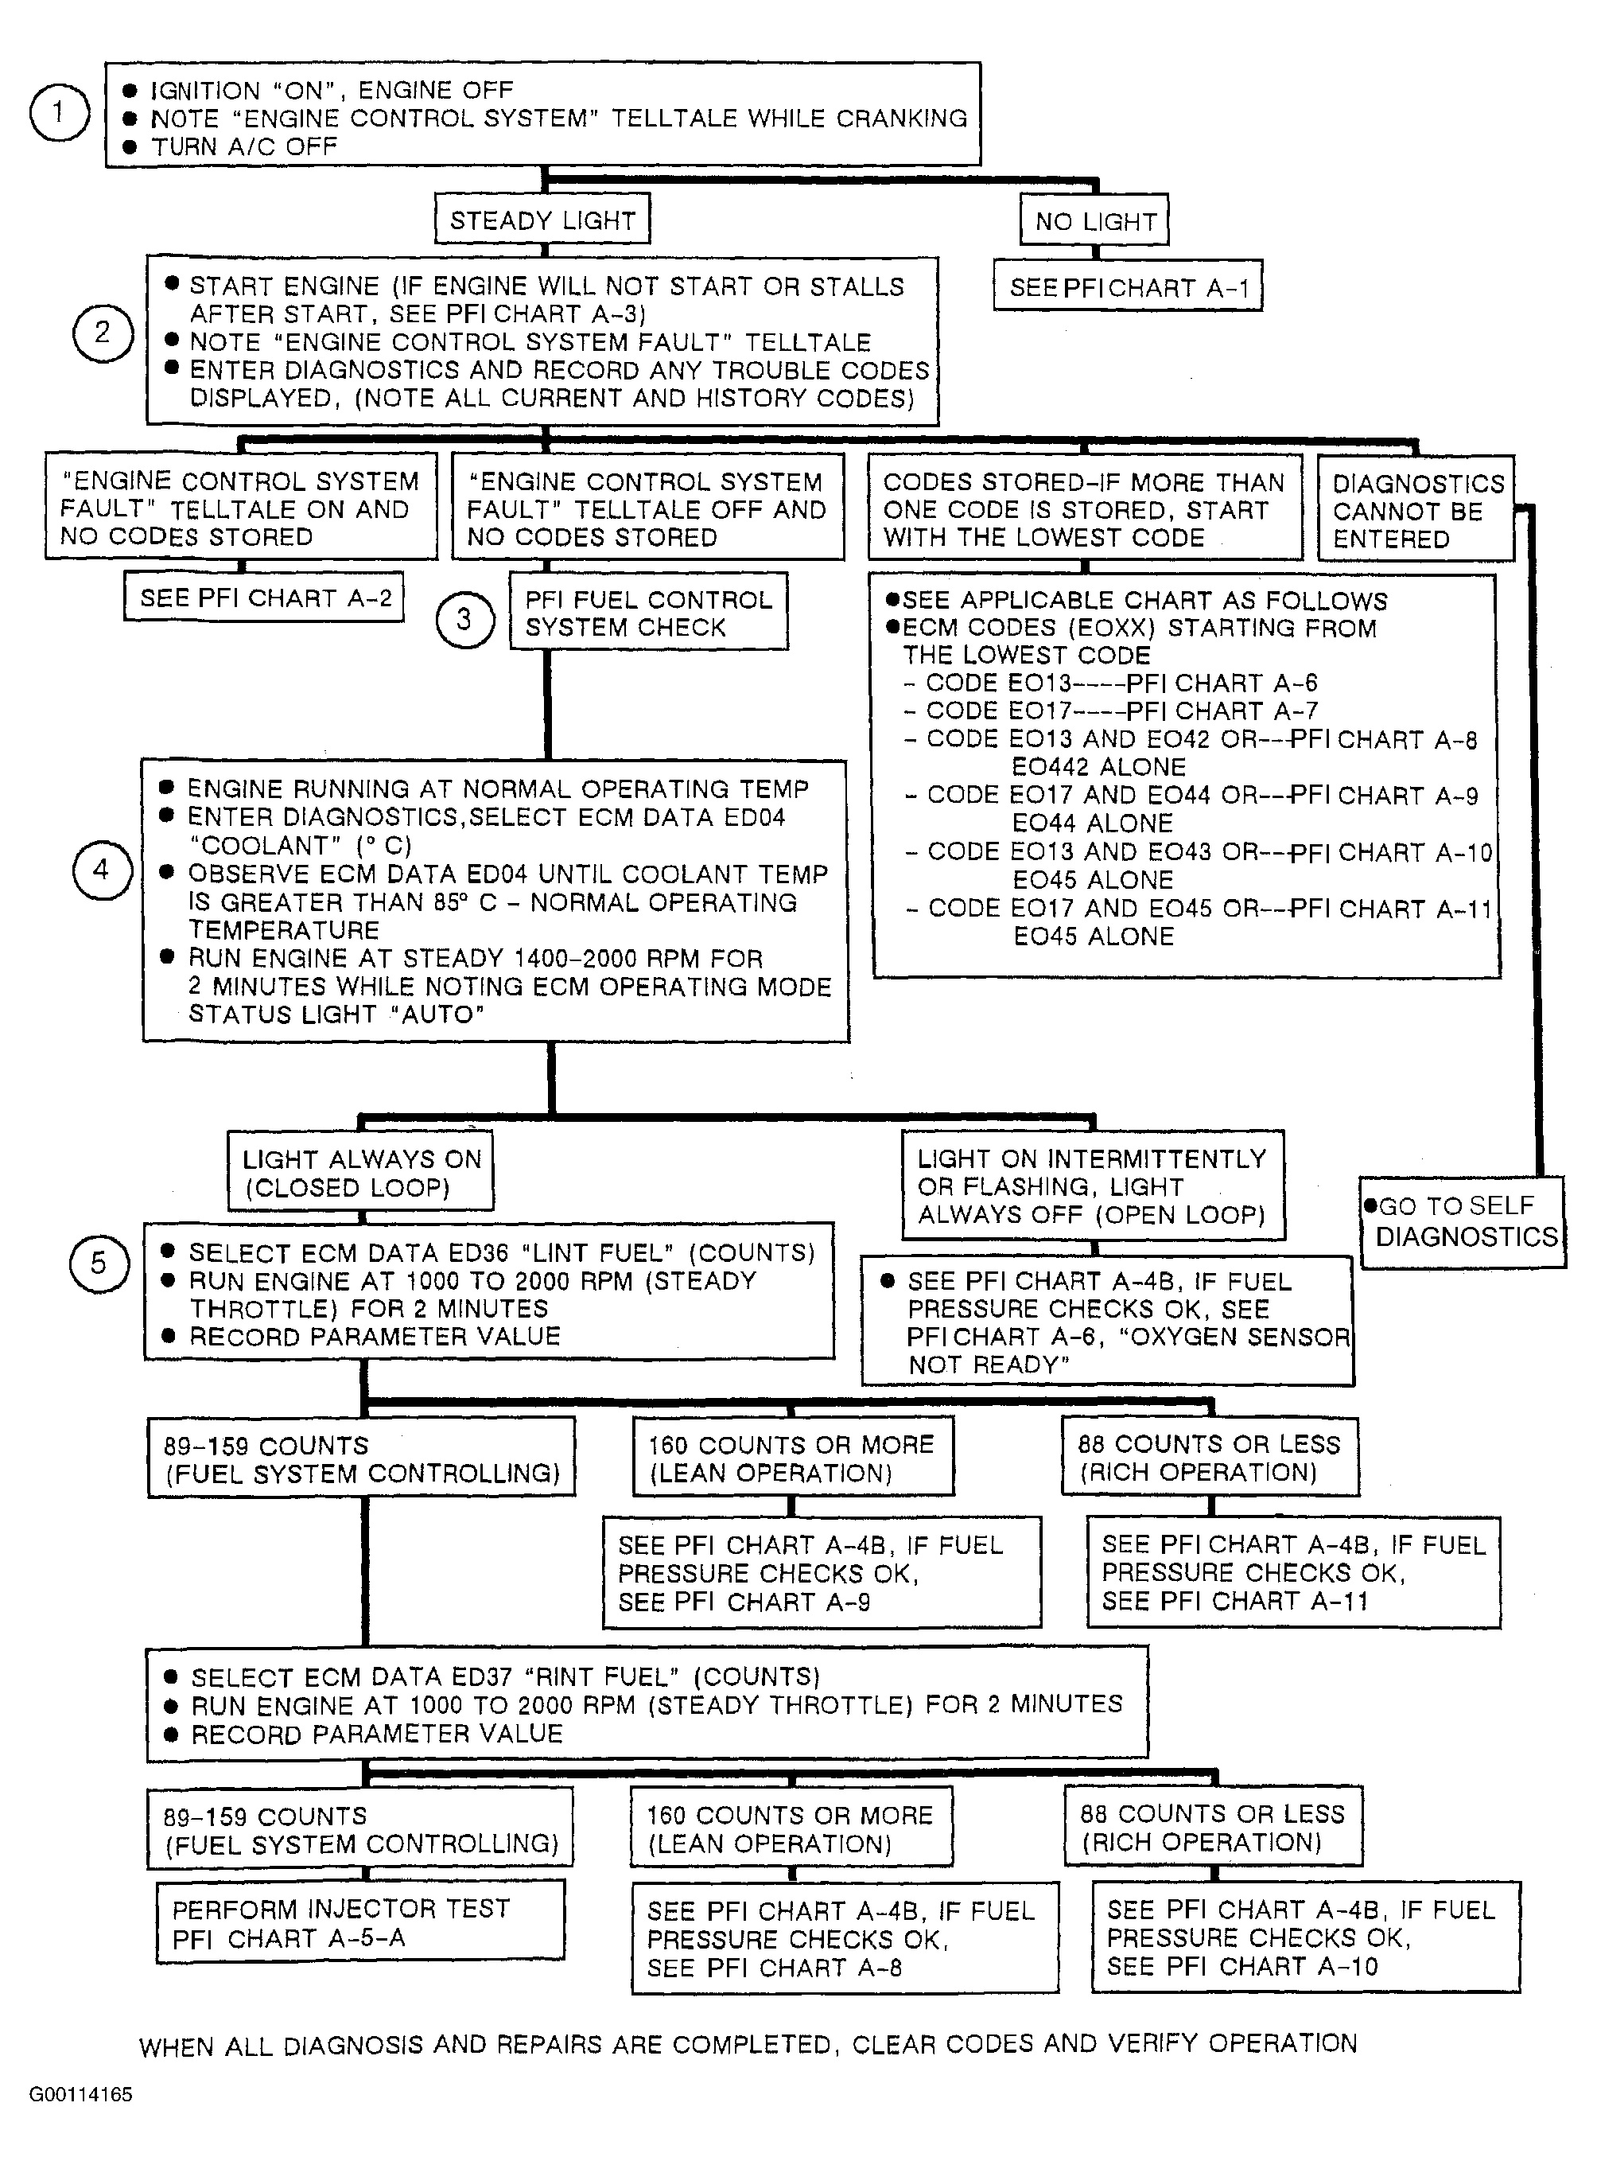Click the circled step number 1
pos(59,113)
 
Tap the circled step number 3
pos(464,619)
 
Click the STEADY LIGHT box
pos(542,220)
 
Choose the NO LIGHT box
pos(1094,221)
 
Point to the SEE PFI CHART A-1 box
pos(1128,287)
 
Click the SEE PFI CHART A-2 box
pos(265,598)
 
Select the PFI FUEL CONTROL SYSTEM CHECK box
pos(649,613)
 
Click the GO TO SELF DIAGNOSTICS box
pos(1463,1221)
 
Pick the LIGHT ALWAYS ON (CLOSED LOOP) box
pos(360,1172)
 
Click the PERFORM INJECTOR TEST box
pos(359,1922)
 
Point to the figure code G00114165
pos(80,2094)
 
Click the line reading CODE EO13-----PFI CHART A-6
pos(1121,683)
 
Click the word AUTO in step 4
pos(437,1014)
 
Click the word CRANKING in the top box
pos(901,118)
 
